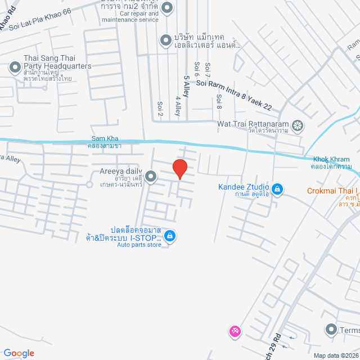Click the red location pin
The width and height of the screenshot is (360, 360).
click(179, 169)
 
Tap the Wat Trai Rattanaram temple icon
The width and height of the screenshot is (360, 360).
click(297, 124)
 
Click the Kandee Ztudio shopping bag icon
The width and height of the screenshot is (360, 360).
click(277, 188)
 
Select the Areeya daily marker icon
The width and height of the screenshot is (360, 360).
click(151, 175)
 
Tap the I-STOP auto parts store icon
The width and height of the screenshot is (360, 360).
click(170, 236)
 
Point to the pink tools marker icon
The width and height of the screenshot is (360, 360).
click(234, 332)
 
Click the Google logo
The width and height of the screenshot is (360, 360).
click(19, 353)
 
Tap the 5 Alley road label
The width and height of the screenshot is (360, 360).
click(186, 86)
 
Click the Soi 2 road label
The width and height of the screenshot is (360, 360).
click(160, 109)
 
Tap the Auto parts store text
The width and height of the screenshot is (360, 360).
click(139, 245)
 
